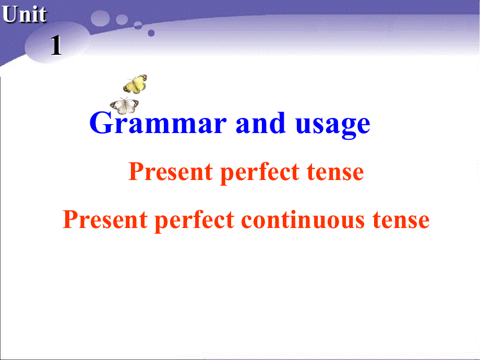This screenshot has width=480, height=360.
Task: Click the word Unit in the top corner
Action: click(x=24, y=15)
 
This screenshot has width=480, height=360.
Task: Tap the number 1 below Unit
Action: click(x=56, y=47)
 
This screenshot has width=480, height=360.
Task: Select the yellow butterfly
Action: click(x=135, y=84)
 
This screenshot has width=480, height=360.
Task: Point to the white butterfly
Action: click(x=124, y=105)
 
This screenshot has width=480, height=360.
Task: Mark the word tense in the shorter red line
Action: click(x=334, y=172)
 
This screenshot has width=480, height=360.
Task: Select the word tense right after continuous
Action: click(x=400, y=220)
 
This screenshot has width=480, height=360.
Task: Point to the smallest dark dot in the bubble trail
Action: click(x=151, y=33)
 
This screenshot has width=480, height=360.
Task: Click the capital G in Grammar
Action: click(x=102, y=124)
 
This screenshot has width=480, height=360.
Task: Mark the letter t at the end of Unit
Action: click(x=42, y=15)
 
